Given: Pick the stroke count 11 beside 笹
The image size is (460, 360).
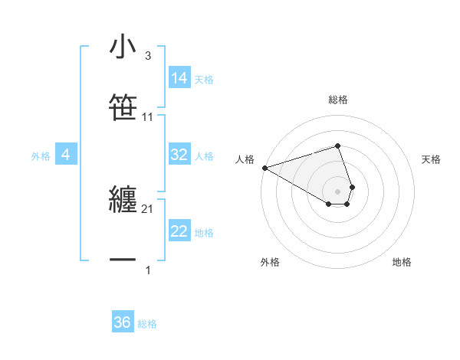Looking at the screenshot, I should point(148,117).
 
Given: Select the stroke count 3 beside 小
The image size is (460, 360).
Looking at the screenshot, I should point(148,56).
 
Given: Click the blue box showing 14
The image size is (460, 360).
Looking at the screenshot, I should point(179,77).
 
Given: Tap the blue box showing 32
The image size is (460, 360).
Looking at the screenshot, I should point(179,155).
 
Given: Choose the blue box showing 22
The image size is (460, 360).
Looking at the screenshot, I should point(179,231).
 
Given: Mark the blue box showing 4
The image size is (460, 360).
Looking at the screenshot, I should point(66,155).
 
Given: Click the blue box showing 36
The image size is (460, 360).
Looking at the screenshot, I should point(123,322).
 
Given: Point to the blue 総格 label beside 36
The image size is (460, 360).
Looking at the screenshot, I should point(147,324).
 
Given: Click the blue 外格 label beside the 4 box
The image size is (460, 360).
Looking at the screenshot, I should point(41,156).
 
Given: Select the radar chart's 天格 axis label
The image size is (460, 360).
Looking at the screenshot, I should point(431,159).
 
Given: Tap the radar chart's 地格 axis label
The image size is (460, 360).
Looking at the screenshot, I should point(402,262).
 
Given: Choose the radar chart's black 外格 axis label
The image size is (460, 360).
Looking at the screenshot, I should point(270,262).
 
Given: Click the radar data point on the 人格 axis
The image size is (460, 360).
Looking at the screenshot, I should point(264,168).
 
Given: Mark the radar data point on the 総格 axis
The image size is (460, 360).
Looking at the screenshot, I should point(337,146).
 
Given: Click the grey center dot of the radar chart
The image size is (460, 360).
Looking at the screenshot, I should point(337,191).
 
